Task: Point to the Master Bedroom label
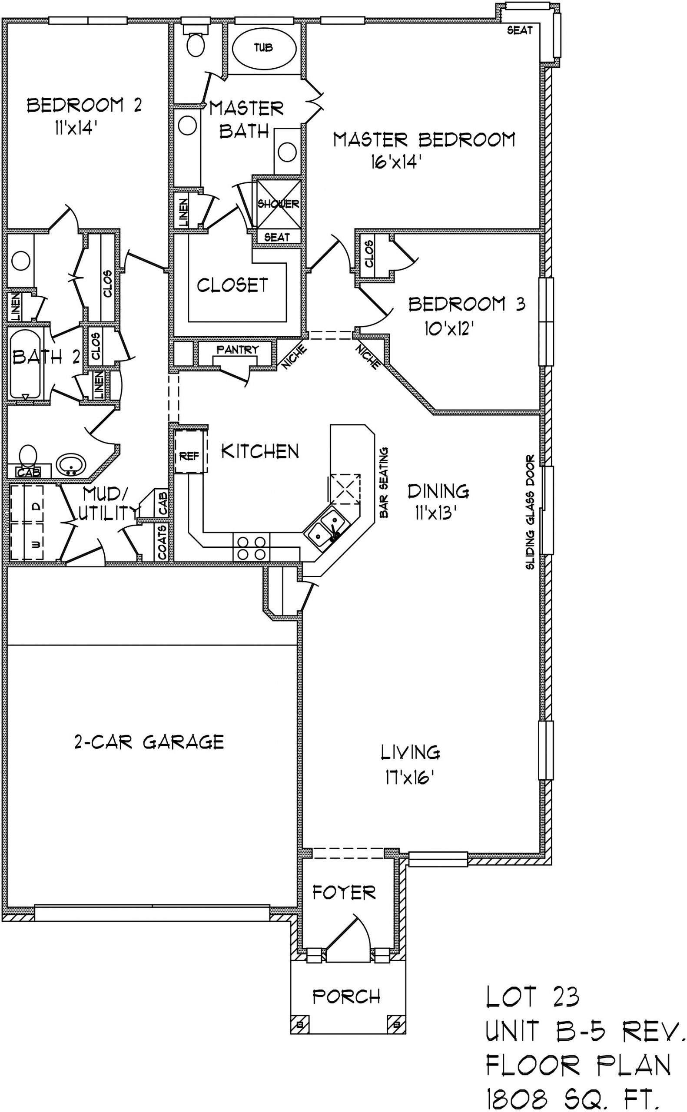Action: click(x=425, y=139)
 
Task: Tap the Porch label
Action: click(x=347, y=996)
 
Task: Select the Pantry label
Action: click(x=238, y=349)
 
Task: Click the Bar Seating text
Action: click(x=384, y=482)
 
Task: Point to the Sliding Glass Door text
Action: click(x=530, y=512)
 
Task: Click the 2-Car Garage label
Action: click(x=149, y=742)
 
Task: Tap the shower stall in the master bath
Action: click(x=279, y=204)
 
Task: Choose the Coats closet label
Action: click(x=162, y=543)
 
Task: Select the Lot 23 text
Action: click(x=532, y=997)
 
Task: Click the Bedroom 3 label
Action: click(x=467, y=304)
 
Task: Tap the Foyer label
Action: click(x=344, y=893)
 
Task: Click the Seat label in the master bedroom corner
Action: click(x=519, y=30)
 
